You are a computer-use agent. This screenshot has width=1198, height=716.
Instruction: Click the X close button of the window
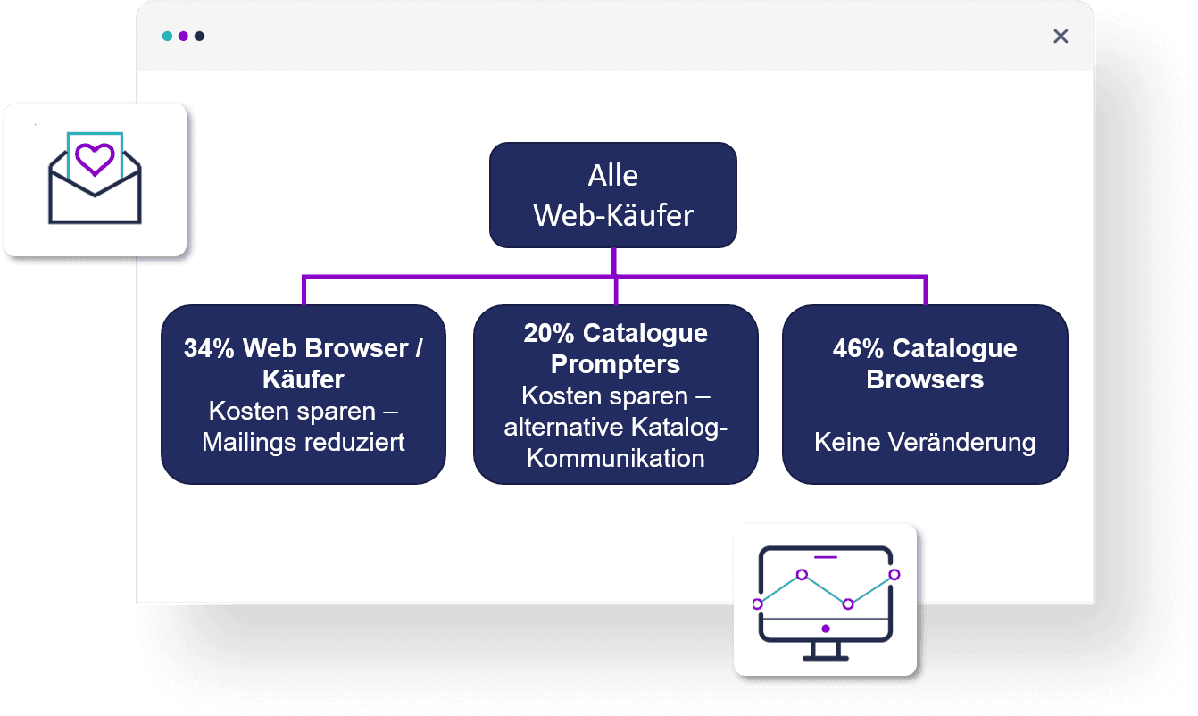click(1061, 36)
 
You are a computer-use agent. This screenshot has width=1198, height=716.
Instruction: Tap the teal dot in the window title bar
click(167, 37)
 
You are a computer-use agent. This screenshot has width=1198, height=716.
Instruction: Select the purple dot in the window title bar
click(183, 37)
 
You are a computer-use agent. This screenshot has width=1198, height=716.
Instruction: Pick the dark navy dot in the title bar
click(199, 37)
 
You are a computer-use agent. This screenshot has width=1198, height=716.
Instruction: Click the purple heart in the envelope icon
click(95, 160)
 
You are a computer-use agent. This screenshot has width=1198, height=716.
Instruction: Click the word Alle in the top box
click(612, 176)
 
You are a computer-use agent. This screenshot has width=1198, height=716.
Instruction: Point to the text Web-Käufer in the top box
click(612, 215)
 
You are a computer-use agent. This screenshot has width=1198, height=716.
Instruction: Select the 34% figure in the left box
click(209, 348)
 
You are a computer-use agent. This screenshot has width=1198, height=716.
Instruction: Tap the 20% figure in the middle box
click(549, 333)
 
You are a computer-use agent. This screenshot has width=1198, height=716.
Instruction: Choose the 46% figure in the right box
click(859, 348)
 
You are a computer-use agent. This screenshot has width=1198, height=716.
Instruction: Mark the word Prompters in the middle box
click(615, 364)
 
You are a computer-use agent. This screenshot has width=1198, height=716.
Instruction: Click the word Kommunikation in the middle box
click(615, 458)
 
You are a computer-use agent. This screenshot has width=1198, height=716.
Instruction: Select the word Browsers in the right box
click(925, 379)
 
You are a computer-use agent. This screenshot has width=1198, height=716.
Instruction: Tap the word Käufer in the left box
click(304, 379)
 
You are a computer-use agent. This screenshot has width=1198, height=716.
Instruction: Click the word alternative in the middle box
click(563, 427)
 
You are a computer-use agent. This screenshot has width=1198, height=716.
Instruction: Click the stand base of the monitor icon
click(825, 658)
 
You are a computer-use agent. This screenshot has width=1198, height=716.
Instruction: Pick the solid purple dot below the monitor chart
click(826, 629)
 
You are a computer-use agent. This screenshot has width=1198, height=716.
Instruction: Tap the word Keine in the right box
click(845, 442)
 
